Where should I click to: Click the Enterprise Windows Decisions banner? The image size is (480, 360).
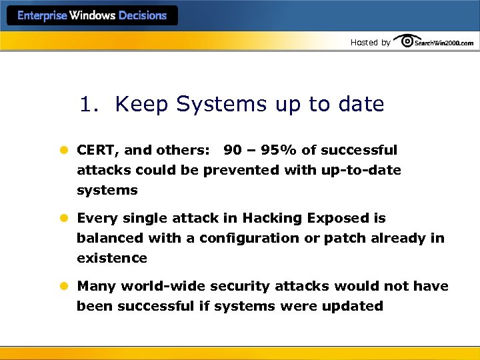tap(92, 16)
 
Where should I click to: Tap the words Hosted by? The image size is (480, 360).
tap(370, 43)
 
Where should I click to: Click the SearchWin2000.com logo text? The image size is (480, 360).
tap(443, 43)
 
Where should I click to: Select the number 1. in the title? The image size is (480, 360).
tap(92, 105)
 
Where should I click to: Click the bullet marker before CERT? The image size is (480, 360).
tap(65, 151)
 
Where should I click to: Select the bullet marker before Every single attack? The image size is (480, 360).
tap(65, 219)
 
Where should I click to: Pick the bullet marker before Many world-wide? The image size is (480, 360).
tap(65, 287)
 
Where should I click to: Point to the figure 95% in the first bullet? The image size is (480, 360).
tap(279, 151)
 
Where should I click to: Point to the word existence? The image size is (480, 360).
tap(112, 258)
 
